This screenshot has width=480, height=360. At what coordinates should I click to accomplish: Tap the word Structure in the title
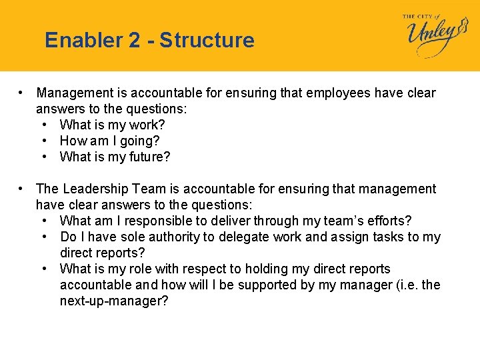[x=207, y=41]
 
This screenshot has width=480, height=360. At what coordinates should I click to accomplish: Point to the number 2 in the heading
[x=133, y=41]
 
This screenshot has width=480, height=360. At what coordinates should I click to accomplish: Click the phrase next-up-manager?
[x=114, y=301]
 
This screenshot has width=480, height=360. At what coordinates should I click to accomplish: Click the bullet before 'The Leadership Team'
[x=22, y=189]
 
